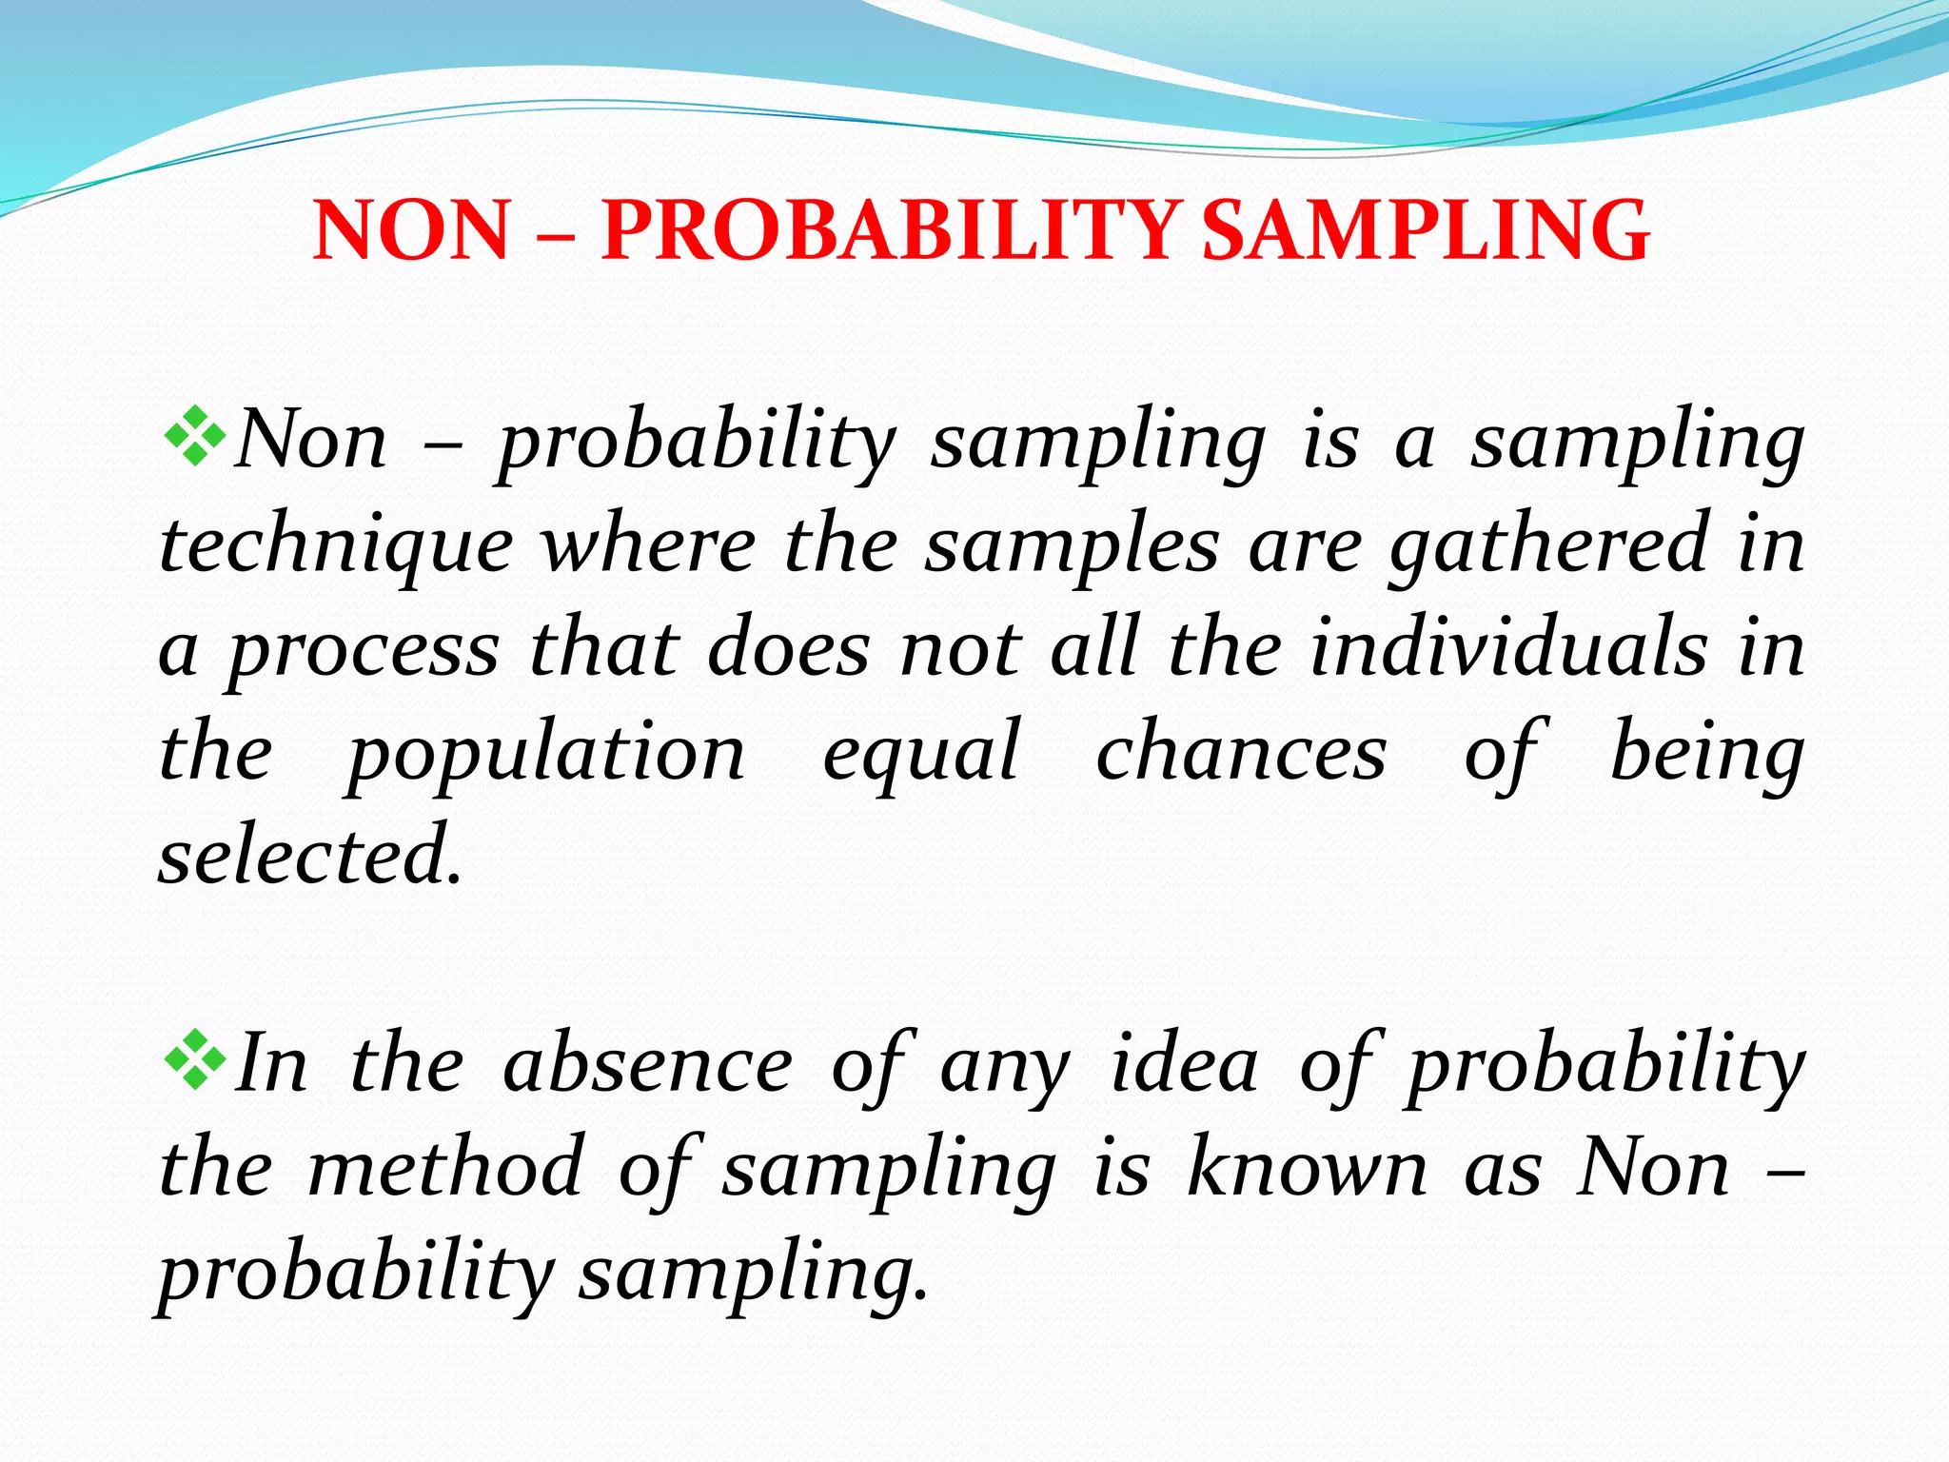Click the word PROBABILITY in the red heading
coord(890,230)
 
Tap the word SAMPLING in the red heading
coord(1425,230)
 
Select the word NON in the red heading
coord(411,230)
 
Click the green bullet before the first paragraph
coord(194,436)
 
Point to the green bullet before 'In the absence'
coord(194,1058)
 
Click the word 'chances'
coord(1241,752)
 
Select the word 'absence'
coord(647,1064)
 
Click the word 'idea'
coord(1184,1064)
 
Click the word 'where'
coord(648,546)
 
